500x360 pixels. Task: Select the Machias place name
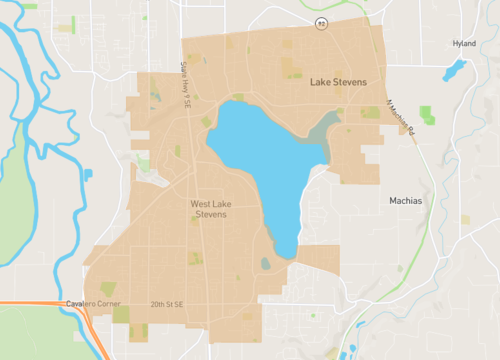pos(405,200)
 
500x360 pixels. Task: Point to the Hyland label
pos(463,44)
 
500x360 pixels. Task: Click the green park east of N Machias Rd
pos(427,114)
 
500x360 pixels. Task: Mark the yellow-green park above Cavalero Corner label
pos(107,289)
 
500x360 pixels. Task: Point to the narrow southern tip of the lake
pos(284,245)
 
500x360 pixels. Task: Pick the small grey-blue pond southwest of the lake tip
pos(264,264)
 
